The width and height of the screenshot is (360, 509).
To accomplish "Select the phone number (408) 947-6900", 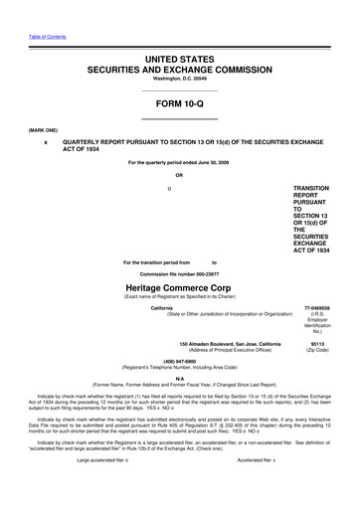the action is pyautogui.click(x=179, y=360).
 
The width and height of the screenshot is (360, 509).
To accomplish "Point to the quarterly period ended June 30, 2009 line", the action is pyautogui.click(x=179, y=161).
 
